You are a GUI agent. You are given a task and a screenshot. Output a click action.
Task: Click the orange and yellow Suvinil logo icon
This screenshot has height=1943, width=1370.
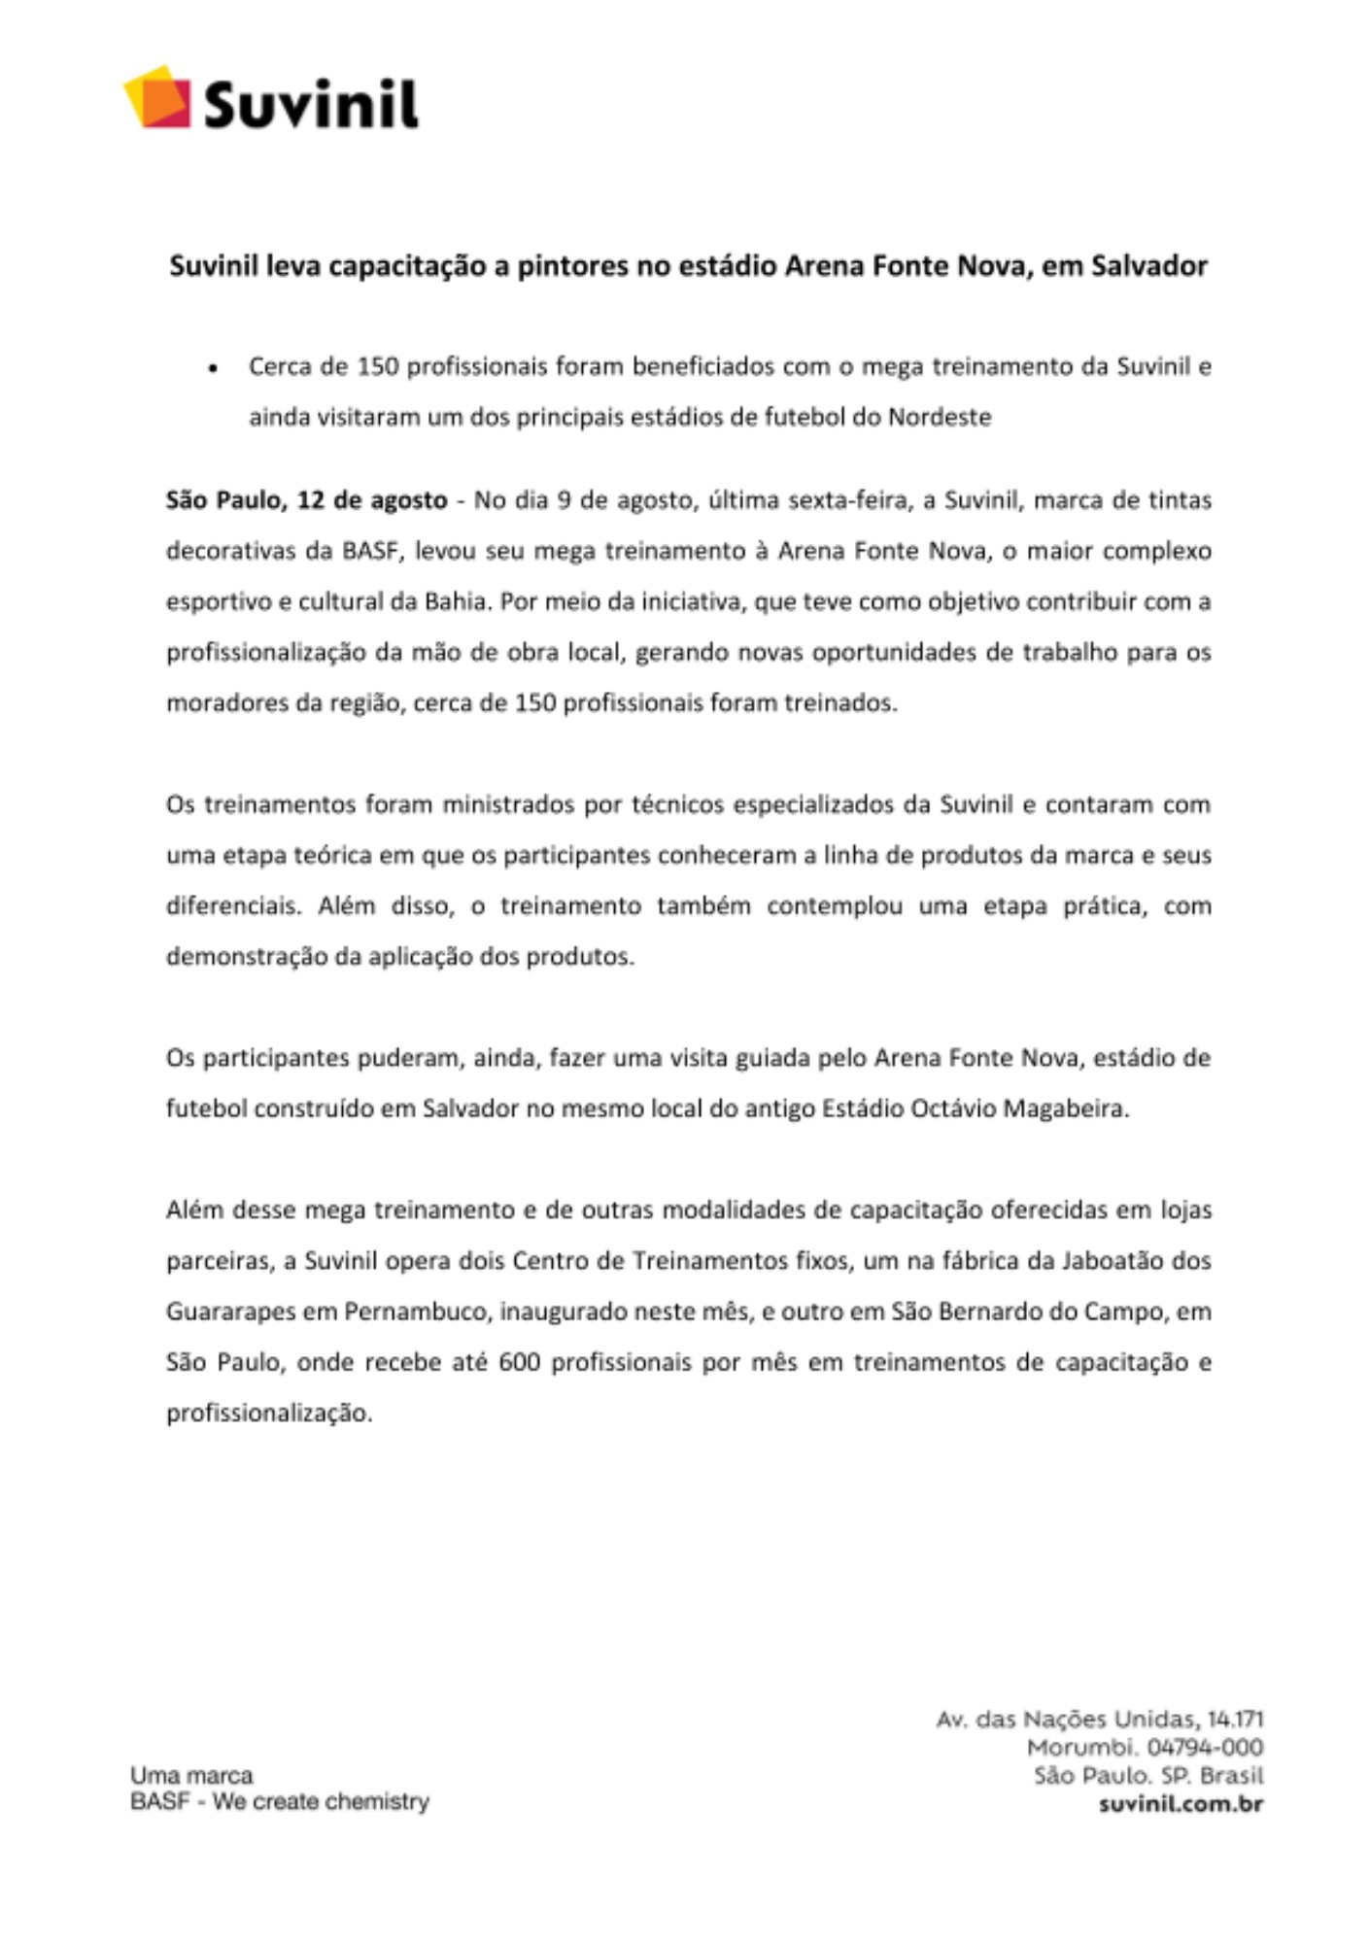click(157, 97)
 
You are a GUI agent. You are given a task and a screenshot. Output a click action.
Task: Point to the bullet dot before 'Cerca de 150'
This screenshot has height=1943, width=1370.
click(213, 369)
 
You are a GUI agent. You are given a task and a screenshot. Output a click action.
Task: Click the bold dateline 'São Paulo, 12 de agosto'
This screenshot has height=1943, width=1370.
click(306, 501)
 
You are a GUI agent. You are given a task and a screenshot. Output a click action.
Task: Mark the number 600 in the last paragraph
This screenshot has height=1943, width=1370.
click(519, 1363)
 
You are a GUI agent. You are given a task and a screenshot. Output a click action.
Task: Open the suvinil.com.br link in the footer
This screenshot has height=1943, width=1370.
click(1181, 1804)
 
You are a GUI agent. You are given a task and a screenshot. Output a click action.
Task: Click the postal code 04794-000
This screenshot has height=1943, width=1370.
click(1205, 1748)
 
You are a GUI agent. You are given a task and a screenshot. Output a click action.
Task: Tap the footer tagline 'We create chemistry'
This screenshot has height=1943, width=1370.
click(321, 1802)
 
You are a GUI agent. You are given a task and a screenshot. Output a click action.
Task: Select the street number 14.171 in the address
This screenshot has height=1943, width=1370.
click(1235, 1721)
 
